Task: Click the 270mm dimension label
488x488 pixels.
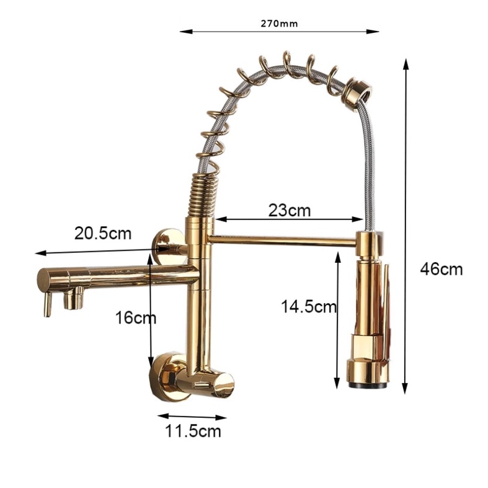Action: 279,24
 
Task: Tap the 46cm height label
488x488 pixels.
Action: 441,269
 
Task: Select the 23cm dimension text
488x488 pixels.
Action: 290,210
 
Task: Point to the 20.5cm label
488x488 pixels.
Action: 103,233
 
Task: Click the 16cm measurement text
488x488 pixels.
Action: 136,317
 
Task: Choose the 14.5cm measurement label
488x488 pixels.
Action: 309,306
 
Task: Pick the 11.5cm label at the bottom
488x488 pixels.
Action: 193,431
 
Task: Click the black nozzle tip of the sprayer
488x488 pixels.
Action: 368,386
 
